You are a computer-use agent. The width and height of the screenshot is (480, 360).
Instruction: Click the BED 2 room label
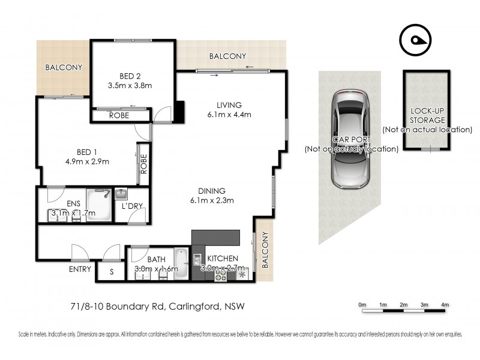(130, 76)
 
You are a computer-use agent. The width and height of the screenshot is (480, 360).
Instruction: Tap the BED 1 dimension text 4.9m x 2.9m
(87, 161)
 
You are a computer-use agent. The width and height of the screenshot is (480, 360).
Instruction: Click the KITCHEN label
(222, 259)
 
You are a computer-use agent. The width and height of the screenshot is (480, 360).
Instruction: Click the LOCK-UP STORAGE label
(427, 116)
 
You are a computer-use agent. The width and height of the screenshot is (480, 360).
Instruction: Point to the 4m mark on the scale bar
(445, 305)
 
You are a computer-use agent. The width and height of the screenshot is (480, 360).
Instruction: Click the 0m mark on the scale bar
(362, 305)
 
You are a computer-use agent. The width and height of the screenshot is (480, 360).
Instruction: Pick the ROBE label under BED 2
(119, 116)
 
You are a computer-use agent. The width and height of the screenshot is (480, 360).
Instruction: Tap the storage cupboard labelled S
(111, 271)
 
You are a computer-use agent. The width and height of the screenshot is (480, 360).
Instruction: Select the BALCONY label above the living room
(227, 56)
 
